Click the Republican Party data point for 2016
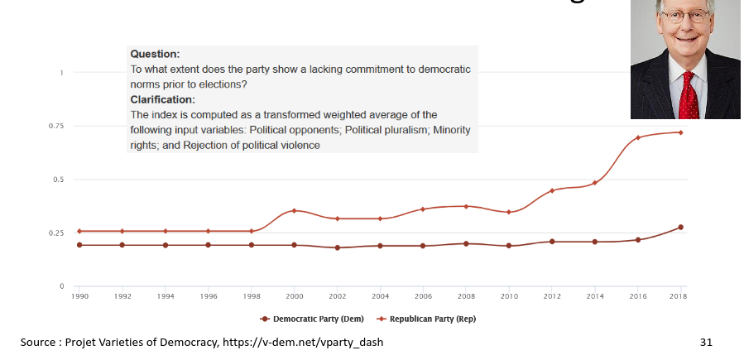(x=638, y=137)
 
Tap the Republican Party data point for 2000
(x=295, y=211)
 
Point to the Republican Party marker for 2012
(x=552, y=190)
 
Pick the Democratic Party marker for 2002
(x=337, y=247)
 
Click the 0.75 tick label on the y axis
(x=56, y=126)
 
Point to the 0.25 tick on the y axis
(x=56, y=233)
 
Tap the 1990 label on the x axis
(x=79, y=295)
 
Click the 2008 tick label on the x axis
(x=466, y=295)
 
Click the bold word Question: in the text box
(x=155, y=54)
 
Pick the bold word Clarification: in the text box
(x=163, y=99)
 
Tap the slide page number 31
(x=706, y=342)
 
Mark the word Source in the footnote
(x=38, y=342)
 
